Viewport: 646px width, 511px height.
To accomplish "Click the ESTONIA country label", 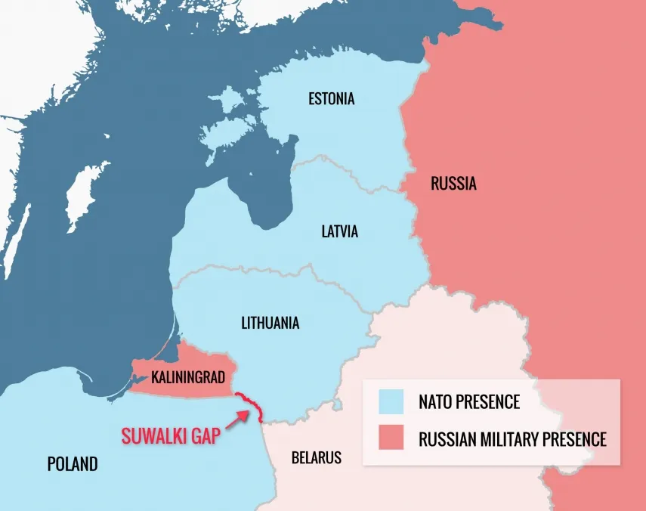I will pyautogui.click(x=331, y=99).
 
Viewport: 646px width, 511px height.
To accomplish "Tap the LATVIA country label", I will pyautogui.click(x=339, y=232).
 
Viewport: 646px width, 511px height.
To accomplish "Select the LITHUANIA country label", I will pyautogui.click(x=270, y=324).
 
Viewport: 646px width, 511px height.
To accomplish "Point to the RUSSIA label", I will pyautogui.click(x=453, y=184).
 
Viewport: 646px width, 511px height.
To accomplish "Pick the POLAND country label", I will pyautogui.click(x=73, y=463).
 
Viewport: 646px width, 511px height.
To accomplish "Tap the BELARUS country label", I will pyautogui.click(x=316, y=457).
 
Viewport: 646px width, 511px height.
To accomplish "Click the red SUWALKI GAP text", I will pyautogui.click(x=170, y=436).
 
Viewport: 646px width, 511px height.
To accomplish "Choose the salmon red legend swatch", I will pyautogui.click(x=391, y=438).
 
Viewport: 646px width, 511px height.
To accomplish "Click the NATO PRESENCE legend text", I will pyautogui.click(x=469, y=402).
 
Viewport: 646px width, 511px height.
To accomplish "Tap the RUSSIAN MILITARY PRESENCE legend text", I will pyautogui.click(x=512, y=438).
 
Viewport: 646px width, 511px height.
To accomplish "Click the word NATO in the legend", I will pyautogui.click(x=437, y=402).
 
